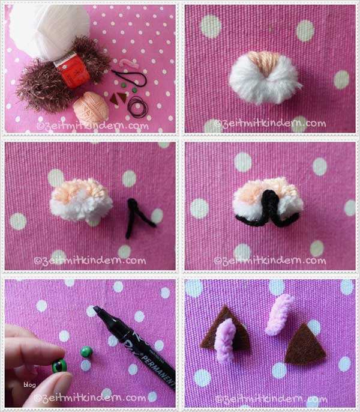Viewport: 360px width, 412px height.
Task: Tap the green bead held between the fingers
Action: point(59,365)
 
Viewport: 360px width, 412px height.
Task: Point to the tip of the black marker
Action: point(98,311)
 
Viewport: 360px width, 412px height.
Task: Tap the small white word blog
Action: point(30,385)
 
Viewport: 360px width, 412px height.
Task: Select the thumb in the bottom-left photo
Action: point(51,384)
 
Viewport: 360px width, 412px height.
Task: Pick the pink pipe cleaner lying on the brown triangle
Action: point(226,340)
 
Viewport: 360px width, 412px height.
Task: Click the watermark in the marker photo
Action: point(90,398)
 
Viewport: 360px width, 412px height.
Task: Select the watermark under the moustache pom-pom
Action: point(269,261)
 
